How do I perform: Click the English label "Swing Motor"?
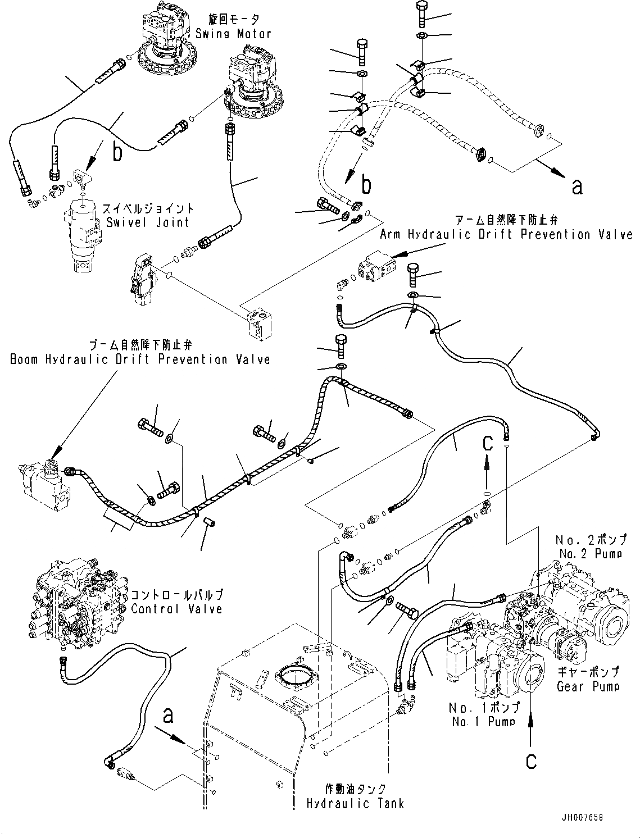(233, 34)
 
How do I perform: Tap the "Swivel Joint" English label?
(148, 222)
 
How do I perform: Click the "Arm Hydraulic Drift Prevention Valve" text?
(506, 234)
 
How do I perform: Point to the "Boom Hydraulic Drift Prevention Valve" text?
(140, 359)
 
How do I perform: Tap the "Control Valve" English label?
(176, 609)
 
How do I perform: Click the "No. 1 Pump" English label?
(483, 721)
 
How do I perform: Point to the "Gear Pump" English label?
(588, 686)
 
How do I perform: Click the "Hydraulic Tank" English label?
(355, 804)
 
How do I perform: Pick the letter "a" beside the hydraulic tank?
(167, 716)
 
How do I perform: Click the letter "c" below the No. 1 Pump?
(531, 761)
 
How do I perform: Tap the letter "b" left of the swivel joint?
(117, 152)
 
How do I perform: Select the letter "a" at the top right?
(577, 186)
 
